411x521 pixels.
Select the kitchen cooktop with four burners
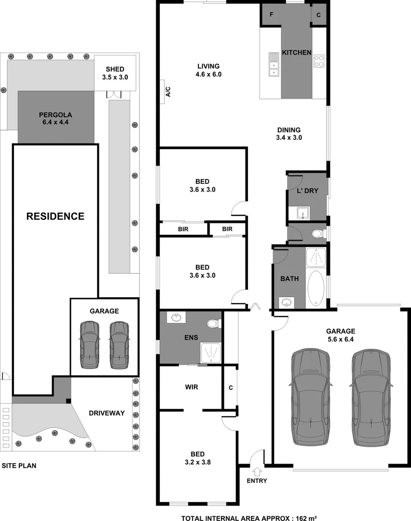pyautogui.click(x=319, y=61)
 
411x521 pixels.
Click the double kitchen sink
pyautogui.click(x=274, y=64)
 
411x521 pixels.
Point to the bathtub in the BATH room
pyautogui.click(x=316, y=288)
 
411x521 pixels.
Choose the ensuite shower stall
pyautogui.click(x=210, y=353)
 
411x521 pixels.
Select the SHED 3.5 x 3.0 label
pyautogui.click(x=115, y=73)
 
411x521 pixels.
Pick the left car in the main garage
pyautogui.click(x=310, y=398)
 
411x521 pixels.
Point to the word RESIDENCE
pyautogui.click(x=55, y=216)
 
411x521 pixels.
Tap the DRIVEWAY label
pyautogui.click(x=107, y=413)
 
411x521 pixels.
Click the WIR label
pyautogui.click(x=191, y=387)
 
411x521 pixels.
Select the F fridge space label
pyautogui.click(x=271, y=15)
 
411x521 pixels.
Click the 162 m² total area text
pyautogui.click(x=305, y=518)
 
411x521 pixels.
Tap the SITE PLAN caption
pyautogui.click(x=19, y=466)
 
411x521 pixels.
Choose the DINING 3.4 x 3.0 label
pyautogui.click(x=289, y=134)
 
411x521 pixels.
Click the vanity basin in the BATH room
pyautogui.click(x=287, y=302)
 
